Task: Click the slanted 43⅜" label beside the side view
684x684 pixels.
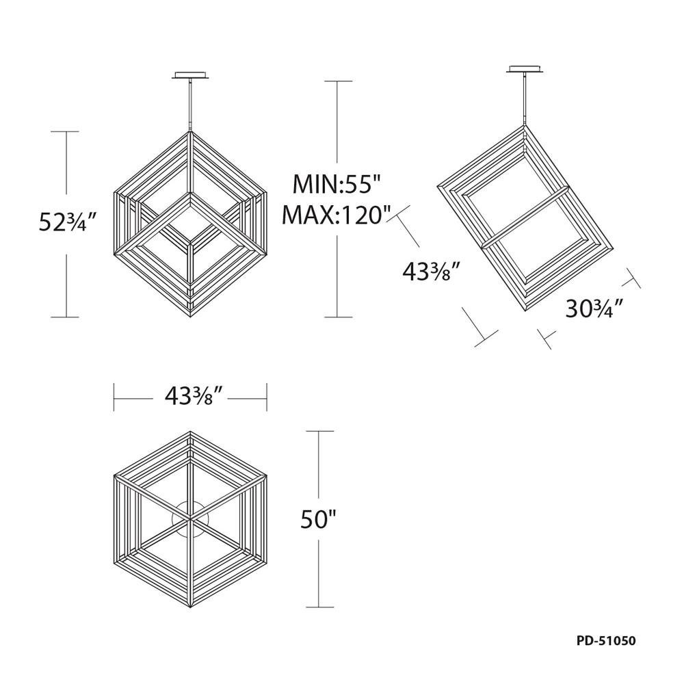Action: point(431,272)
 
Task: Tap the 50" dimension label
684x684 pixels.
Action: point(319,520)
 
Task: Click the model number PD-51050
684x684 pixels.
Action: point(606,641)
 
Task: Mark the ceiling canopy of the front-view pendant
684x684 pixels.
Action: point(191,75)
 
